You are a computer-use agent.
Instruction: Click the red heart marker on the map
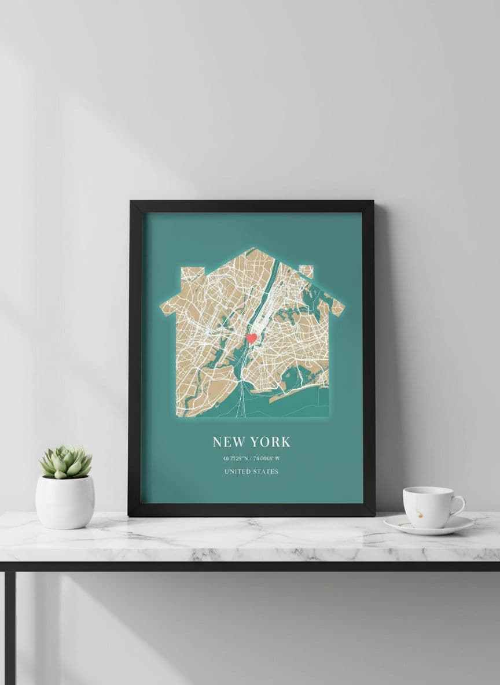click(x=251, y=338)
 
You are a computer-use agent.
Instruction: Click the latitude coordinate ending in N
click(x=235, y=459)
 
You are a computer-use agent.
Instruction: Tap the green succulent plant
click(x=65, y=462)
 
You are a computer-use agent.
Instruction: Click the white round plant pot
click(x=65, y=502)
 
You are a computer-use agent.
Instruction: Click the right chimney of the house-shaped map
click(x=306, y=271)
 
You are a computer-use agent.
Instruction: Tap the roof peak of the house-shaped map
click(x=252, y=250)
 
